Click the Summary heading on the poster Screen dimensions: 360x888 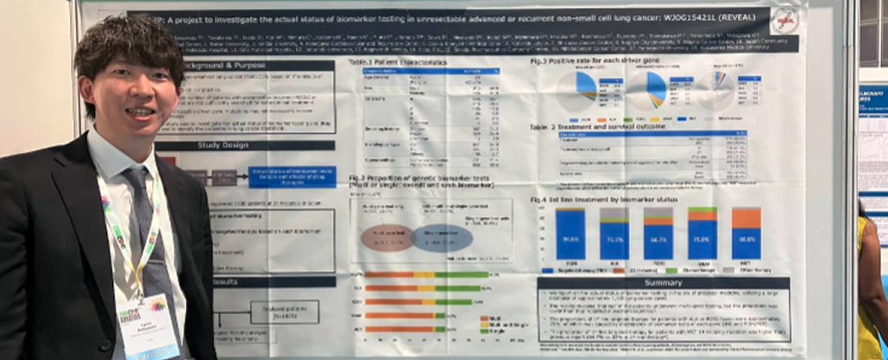662,283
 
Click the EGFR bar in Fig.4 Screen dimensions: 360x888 570,234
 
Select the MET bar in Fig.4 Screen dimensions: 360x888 746,234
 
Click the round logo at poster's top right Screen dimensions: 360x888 784,19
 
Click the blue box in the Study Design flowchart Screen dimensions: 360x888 292,177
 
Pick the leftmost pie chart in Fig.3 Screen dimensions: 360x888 576,89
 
